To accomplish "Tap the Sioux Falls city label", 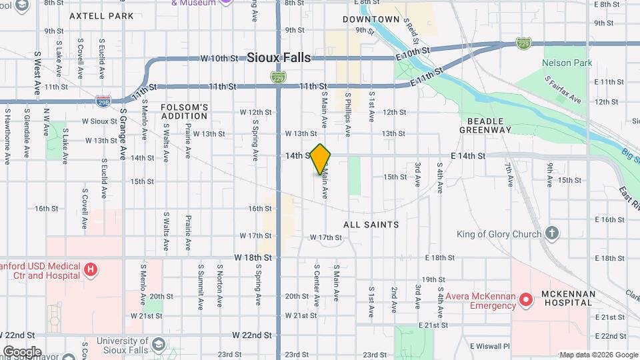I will pos(279,58).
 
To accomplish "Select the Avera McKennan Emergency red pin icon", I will pos(526,300).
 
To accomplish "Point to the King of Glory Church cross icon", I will pos(551,233).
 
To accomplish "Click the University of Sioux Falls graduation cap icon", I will pos(158,344).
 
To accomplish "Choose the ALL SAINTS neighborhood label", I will pos(371,225).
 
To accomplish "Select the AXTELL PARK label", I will pos(101,15).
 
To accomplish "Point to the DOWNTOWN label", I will pos(371,19).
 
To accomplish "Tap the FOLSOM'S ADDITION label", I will pos(185,111).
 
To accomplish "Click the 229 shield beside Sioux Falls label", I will pos(279,77).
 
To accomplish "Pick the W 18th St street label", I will pos(254,257).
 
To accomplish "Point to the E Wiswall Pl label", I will pos(489,347).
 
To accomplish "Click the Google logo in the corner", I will pos(21,351).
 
